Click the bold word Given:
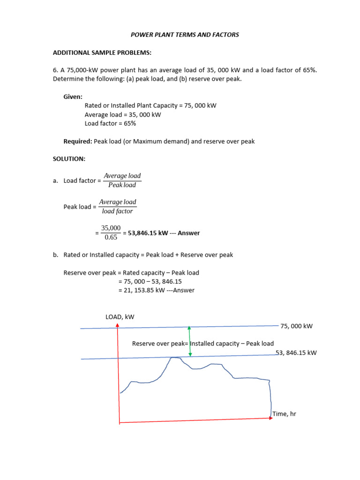pos(73,97)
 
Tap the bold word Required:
pos(77,141)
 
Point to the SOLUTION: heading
pos(69,159)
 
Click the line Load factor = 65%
pos(110,124)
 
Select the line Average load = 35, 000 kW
pos(123,115)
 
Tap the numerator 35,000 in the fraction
pos(111,228)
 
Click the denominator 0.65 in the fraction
pos(111,238)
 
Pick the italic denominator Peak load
pos(122,185)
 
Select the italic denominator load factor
pos(117,211)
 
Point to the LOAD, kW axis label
pos(120,317)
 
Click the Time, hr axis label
pos(284,414)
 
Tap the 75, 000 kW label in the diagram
pos(296,326)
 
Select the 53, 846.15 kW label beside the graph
pos(296,353)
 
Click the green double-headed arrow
pos(189,341)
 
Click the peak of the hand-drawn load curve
pos(175,358)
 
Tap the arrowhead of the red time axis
pos(271,418)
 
